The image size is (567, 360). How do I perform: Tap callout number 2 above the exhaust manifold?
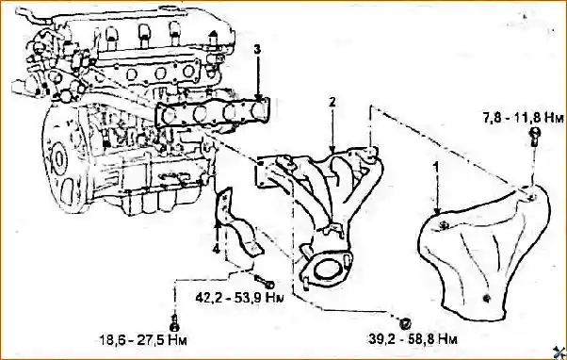pyautogui.click(x=332, y=101)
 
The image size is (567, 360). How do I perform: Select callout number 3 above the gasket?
pyautogui.click(x=258, y=48)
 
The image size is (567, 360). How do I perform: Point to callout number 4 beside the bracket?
pyautogui.click(x=217, y=250)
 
